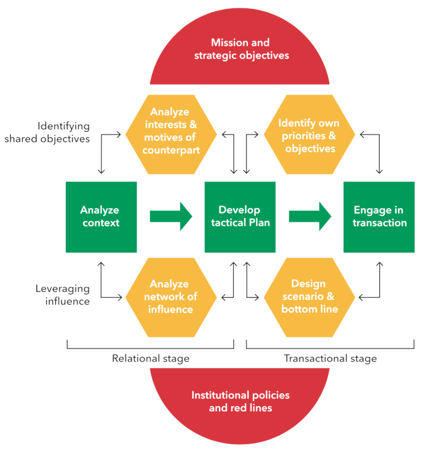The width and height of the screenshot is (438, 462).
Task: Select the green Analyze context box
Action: point(101,217)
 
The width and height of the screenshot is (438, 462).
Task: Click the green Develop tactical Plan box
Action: point(240,217)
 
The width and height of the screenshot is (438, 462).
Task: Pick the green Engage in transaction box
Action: point(379,217)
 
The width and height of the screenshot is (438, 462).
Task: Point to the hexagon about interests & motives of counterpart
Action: point(171,134)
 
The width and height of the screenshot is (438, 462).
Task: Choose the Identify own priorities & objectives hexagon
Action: point(309,134)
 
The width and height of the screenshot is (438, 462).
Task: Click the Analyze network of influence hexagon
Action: point(171,297)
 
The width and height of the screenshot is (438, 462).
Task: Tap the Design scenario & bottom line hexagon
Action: point(309,297)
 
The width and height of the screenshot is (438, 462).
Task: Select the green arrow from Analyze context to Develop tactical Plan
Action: point(171,217)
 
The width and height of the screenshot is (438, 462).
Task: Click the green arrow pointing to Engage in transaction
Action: point(310,217)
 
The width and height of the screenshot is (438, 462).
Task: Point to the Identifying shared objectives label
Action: point(47,132)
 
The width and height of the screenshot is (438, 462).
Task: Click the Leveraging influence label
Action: point(63,295)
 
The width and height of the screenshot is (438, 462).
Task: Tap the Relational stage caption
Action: point(150,359)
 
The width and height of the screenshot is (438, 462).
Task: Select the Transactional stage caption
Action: point(330,359)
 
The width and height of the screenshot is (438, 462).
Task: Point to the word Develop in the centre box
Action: point(239,210)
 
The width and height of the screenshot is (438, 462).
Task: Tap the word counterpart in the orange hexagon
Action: point(171,150)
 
